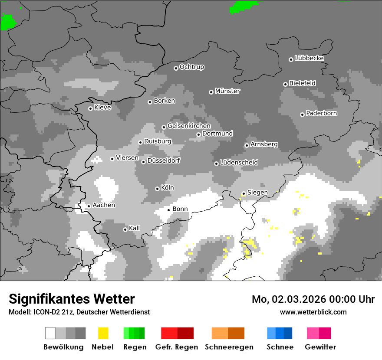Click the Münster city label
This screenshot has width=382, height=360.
coord(227,91)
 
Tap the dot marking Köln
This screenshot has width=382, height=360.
coord(157,189)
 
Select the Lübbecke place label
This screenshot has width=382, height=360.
coord(309,58)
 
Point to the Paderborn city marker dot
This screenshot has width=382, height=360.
coord(302,115)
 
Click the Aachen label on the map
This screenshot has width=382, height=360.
coord(104,205)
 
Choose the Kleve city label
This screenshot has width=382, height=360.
coord(102,108)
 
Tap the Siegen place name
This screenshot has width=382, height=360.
coord(257,193)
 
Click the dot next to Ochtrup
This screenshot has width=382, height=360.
coord(176,68)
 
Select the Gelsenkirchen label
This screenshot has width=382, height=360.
coord(189,126)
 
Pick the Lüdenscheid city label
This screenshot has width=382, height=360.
coord(239,163)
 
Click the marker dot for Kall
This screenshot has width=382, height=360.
coord(125,229)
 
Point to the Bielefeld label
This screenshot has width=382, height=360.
coord(302,83)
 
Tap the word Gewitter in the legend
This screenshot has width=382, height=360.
coord(320,347)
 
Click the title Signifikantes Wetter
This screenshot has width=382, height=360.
coord(72,299)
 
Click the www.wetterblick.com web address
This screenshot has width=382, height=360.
coord(313,312)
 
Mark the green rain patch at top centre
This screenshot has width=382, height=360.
coord(244,6)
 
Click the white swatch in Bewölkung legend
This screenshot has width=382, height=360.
coord(50,333)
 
